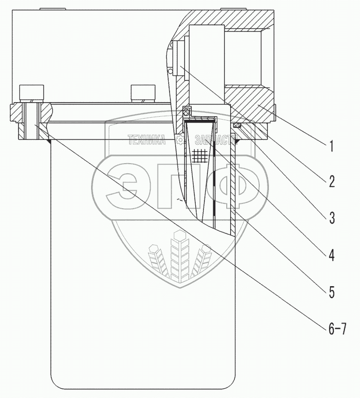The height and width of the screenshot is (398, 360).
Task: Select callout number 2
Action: pyautogui.click(x=332, y=182)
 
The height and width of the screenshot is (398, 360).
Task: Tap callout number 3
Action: pyautogui.click(x=332, y=218)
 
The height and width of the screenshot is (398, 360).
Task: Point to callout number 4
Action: pyautogui.click(x=332, y=255)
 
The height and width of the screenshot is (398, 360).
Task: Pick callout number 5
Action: pyautogui.click(x=332, y=292)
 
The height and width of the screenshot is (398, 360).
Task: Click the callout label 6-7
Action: pyautogui.click(x=337, y=330)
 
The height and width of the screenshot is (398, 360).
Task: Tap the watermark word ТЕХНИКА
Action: pyautogui.click(x=146, y=140)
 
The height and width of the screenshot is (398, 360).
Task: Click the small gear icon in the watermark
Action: pyautogui.click(x=180, y=140)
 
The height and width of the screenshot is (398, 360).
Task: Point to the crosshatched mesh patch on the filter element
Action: pyautogui.click(x=200, y=154)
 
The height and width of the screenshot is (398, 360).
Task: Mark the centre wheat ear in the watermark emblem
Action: pyautogui.click(x=180, y=257)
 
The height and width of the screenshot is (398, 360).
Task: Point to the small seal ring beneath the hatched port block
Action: pyautogui.click(x=236, y=125)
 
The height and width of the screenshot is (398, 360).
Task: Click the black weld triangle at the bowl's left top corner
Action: pyautogui.click(x=50, y=141)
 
